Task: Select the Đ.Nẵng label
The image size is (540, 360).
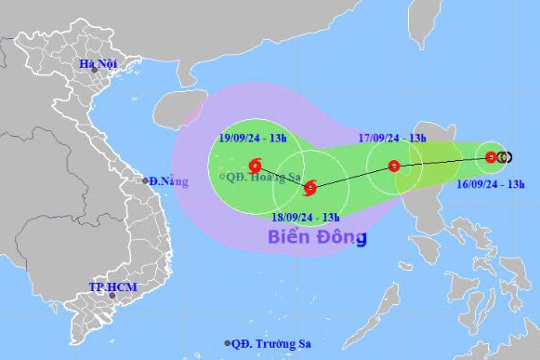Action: [167, 180]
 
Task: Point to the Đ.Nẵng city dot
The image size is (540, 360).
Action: [145, 180]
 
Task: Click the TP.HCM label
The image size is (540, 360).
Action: [112, 287]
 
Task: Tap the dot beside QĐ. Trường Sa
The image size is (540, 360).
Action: [226, 342]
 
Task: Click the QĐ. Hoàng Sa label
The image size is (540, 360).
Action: [262, 174]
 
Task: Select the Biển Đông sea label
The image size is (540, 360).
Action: [317, 237]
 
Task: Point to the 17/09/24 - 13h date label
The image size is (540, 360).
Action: [392, 139]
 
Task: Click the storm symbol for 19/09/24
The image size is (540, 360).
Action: [255, 168]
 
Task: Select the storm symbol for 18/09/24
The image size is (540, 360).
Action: [310, 189]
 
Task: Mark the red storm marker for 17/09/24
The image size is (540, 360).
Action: [394, 167]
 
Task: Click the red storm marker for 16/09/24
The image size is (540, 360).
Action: [491, 157]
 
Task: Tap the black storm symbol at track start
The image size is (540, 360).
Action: [504, 157]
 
